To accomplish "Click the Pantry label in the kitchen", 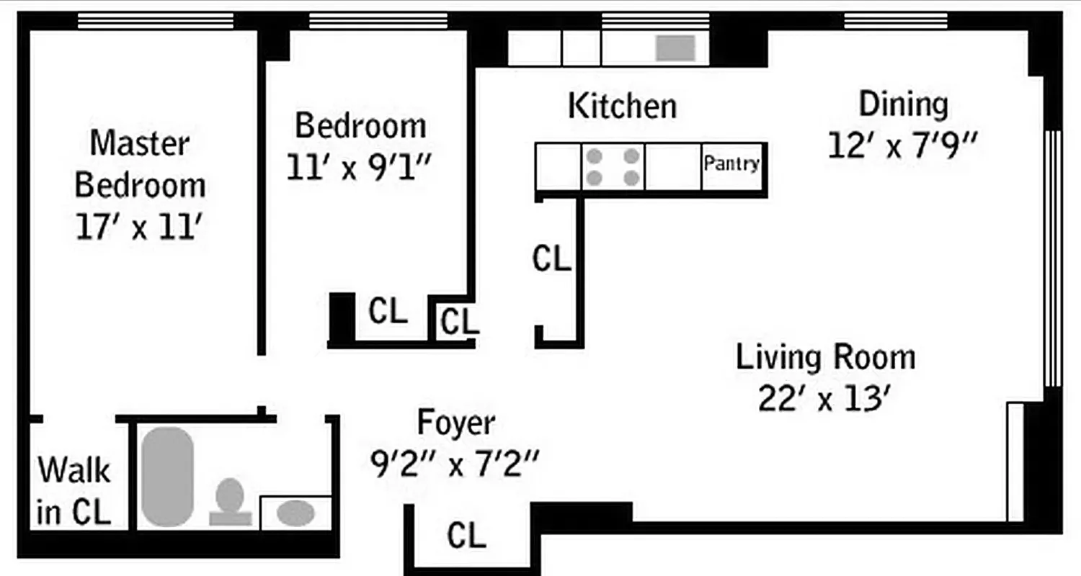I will point(731,164).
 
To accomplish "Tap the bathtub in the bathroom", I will point(167,476).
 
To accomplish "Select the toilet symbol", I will point(230,501).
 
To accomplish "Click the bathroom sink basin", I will point(295,513).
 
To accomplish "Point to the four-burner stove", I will point(613,167).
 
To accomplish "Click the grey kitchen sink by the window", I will point(675,48).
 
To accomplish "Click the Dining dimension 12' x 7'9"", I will point(902,146).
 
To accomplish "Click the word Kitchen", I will point(623,107).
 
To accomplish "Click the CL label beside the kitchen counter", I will point(551,259).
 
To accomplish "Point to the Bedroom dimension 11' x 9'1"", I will point(359,168).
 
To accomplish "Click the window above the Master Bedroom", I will point(156,21).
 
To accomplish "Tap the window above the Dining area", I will point(896,21).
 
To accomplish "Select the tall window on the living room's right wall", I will point(1053,258).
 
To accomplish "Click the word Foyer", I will point(456,423).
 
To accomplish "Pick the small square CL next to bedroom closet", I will point(460,322).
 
